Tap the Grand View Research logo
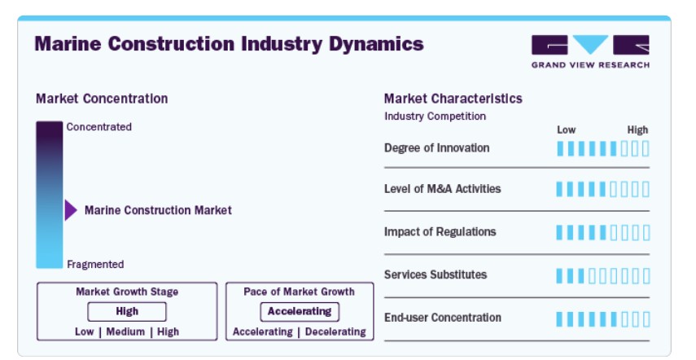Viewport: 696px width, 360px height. [x=590, y=51]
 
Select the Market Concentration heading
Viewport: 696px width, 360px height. [x=102, y=99]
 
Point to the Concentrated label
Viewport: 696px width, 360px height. [x=99, y=127]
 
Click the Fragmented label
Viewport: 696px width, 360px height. [x=95, y=265]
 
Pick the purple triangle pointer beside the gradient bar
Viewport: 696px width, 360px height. [x=71, y=210]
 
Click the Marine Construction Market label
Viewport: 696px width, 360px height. [x=158, y=210]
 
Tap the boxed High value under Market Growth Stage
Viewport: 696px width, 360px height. [x=127, y=312]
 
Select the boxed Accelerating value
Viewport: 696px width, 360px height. [x=300, y=312]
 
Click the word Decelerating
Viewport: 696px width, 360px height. [x=335, y=332]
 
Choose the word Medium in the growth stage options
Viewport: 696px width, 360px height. [x=125, y=332]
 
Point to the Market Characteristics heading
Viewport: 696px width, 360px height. [x=453, y=99]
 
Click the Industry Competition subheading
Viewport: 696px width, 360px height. [x=435, y=116]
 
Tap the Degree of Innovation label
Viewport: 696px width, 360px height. [x=437, y=148]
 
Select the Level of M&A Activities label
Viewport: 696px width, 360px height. [x=443, y=189]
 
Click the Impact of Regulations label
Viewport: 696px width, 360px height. [x=440, y=231]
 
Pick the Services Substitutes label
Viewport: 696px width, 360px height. [x=436, y=274]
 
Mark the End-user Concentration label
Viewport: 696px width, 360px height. [x=443, y=318]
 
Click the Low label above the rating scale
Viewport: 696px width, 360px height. [x=567, y=130]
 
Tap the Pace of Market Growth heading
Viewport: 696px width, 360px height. [x=300, y=292]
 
